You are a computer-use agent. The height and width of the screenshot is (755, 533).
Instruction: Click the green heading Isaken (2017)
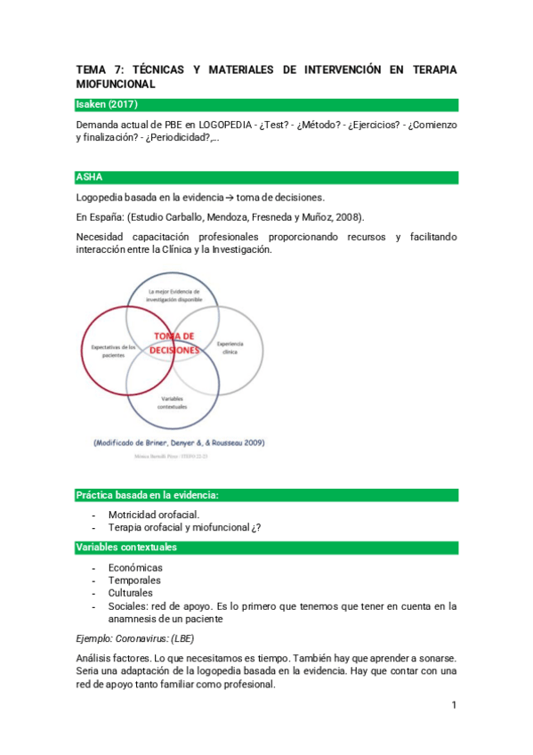pyautogui.click(x=107, y=105)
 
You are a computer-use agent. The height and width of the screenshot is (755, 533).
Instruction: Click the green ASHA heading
pyautogui.click(x=91, y=177)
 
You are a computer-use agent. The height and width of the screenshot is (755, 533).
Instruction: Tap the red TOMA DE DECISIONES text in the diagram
pyautogui.click(x=174, y=343)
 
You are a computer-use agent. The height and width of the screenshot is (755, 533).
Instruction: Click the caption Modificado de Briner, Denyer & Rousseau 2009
pyautogui.click(x=178, y=442)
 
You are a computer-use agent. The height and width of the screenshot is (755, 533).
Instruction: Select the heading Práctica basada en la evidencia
pyautogui.click(x=148, y=494)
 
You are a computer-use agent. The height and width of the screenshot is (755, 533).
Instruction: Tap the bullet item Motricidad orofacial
pyautogui.click(x=153, y=515)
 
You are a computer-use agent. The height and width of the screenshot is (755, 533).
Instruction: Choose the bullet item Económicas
pyautogui.click(x=135, y=567)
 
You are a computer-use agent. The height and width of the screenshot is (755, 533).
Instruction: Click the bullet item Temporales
pyautogui.click(x=134, y=580)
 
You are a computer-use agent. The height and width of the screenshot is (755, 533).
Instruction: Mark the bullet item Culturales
pyautogui.click(x=130, y=592)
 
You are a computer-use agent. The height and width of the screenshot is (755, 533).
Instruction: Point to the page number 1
pyautogui.click(x=453, y=705)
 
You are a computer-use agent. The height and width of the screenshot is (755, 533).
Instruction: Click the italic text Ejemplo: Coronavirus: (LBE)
pyautogui.click(x=135, y=638)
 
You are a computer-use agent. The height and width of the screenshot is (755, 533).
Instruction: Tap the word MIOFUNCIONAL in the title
pyautogui.click(x=116, y=84)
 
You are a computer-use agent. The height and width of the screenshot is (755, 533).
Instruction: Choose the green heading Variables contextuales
pyautogui.click(x=126, y=547)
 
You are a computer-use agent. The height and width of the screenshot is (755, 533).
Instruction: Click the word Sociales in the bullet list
pyautogui.click(x=127, y=605)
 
